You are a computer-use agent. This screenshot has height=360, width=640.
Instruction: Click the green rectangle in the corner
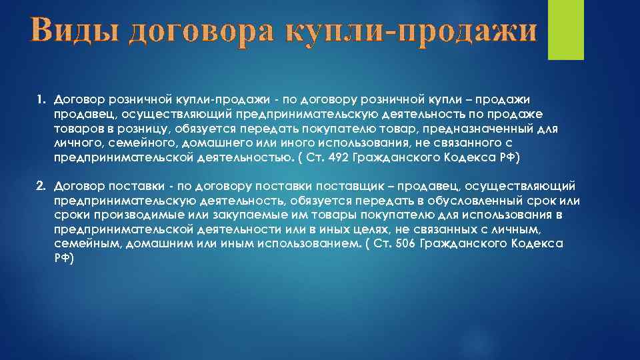pyautogui.click(x=565, y=29)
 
